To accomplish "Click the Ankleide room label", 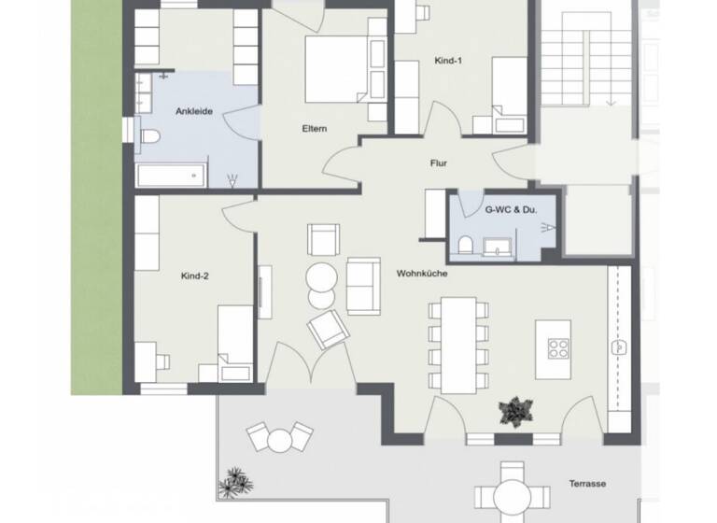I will click(194, 111).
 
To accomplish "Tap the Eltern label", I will click(314, 129).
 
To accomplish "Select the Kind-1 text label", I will click(449, 61).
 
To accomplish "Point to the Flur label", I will click(438, 163).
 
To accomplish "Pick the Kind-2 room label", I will click(195, 276).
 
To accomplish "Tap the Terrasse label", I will click(588, 484).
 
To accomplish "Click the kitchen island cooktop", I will click(558, 349).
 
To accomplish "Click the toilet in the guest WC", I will click(465, 246).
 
